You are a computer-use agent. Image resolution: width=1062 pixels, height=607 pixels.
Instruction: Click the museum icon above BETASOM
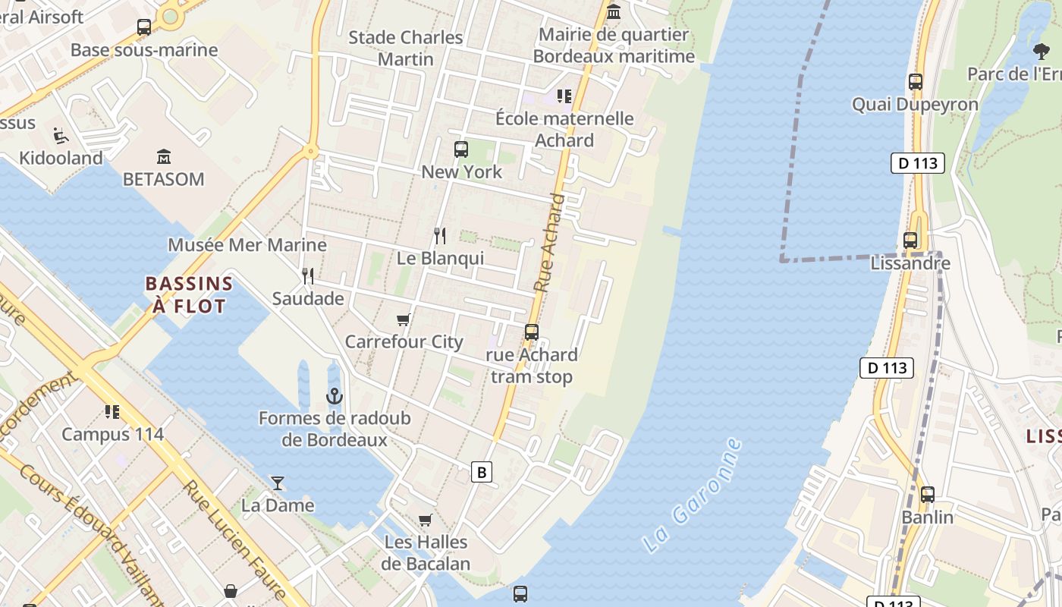pos(164,157)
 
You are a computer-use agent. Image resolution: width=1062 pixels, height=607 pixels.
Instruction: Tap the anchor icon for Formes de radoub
pos(334,396)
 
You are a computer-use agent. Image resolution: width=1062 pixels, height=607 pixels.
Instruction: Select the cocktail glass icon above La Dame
pos(278,483)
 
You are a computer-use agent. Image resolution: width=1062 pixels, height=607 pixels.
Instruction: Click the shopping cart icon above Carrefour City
pos(404,319)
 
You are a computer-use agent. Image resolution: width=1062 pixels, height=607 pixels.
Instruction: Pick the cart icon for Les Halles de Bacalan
pos(426,520)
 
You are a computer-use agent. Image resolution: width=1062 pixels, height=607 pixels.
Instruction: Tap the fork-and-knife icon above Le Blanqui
pos(440,236)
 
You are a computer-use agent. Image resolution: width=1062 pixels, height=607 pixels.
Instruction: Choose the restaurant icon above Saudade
pos(308,276)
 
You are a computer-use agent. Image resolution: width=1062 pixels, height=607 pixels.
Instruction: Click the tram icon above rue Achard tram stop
pos(532,332)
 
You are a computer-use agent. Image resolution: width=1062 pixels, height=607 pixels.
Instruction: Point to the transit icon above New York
pos(461,149)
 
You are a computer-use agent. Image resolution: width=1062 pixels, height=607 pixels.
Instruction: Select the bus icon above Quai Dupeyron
pos(916,82)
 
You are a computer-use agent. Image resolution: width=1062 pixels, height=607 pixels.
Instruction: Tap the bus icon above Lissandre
pos(910,241)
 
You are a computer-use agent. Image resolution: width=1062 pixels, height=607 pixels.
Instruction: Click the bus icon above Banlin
pos(927,495)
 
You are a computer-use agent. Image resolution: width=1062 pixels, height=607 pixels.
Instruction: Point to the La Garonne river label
pos(692,495)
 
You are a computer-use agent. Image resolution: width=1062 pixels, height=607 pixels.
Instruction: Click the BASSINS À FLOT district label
pos(189,295)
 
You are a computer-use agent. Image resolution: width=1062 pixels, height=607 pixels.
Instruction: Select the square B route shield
pos(481,472)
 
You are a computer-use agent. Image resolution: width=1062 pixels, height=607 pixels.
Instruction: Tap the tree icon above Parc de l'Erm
pos(1041,52)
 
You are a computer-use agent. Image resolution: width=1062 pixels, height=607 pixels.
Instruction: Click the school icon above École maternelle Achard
pos(564,96)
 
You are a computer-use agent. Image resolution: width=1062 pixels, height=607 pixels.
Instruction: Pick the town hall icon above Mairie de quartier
pos(614,12)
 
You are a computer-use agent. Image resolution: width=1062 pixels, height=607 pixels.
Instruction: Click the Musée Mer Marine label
pos(247,245)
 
